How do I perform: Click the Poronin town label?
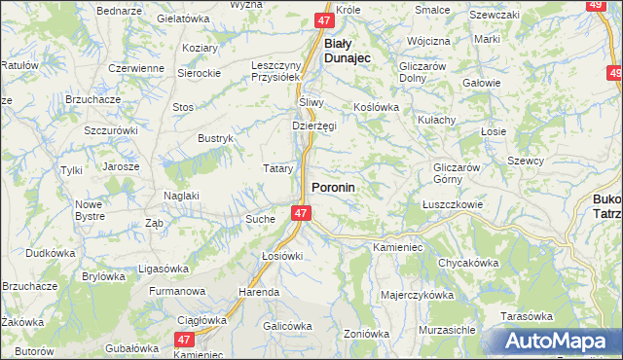[332, 187]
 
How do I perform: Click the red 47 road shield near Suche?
[300, 213]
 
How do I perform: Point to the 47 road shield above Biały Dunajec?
[326, 19]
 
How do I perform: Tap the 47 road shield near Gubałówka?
[184, 339]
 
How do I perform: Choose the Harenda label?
[260, 292]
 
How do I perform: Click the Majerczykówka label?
[418, 295]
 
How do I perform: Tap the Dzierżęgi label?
[314, 126]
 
